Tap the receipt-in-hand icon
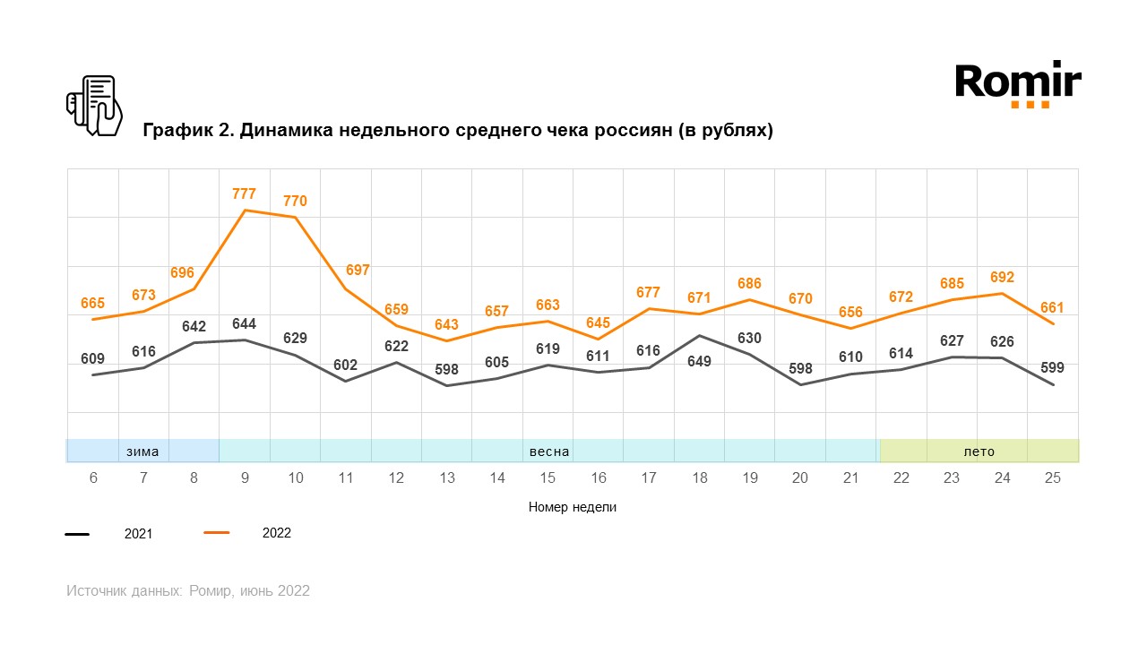(x=94, y=106)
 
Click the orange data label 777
(x=244, y=193)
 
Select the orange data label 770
(x=295, y=202)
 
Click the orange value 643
(x=446, y=325)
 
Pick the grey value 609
(x=92, y=359)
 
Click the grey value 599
(x=1053, y=367)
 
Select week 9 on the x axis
(x=245, y=478)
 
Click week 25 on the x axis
(x=1053, y=478)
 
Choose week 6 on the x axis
(x=93, y=478)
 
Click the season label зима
(x=142, y=451)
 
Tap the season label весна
(x=549, y=451)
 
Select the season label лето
(x=979, y=451)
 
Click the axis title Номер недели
(x=573, y=507)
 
